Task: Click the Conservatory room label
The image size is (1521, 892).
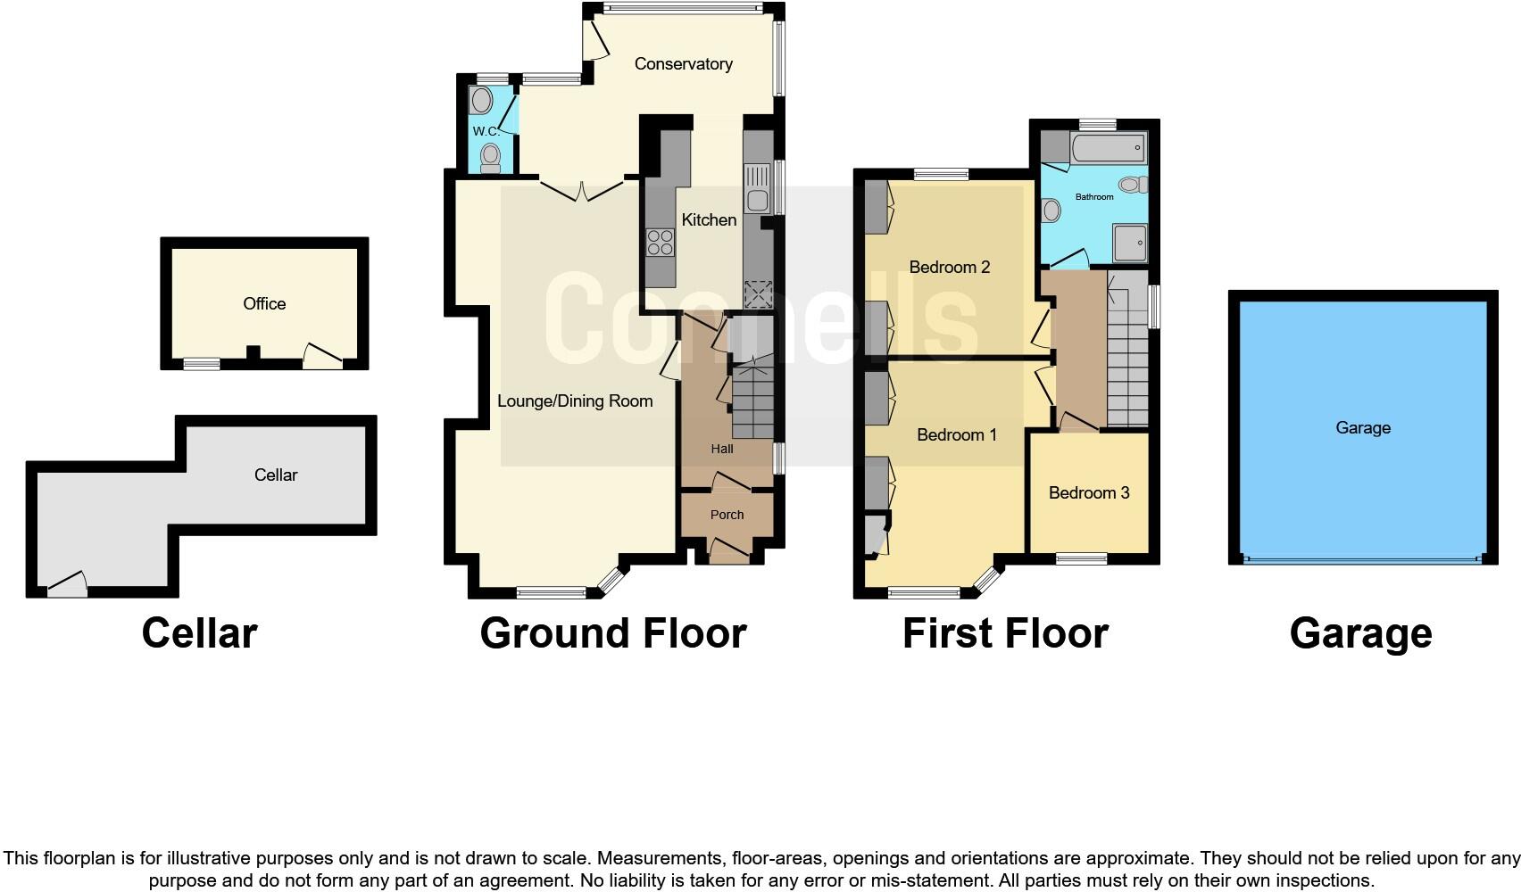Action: click(683, 63)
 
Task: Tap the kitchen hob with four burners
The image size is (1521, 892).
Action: click(660, 242)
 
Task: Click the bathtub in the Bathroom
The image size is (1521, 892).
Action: click(1108, 147)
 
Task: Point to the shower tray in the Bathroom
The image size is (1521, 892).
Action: click(1130, 243)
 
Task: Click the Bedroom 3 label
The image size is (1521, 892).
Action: click(1089, 492)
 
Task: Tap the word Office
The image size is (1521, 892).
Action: click(264, 303)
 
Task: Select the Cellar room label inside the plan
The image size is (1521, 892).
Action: click(276, 475)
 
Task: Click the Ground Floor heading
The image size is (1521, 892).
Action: click(613, 633)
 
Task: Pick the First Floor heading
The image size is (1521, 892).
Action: click(1006, 633)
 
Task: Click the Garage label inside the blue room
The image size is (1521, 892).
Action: click(1363, 427)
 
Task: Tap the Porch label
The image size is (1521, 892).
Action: click(727, 515)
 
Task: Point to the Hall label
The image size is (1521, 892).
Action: click(722, 449)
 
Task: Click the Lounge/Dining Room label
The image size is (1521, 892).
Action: click(575, 401)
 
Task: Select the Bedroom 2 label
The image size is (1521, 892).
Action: click(949, 268)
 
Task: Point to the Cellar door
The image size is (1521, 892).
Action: click(67, 584)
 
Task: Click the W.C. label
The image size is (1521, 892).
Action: click(486, 131)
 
